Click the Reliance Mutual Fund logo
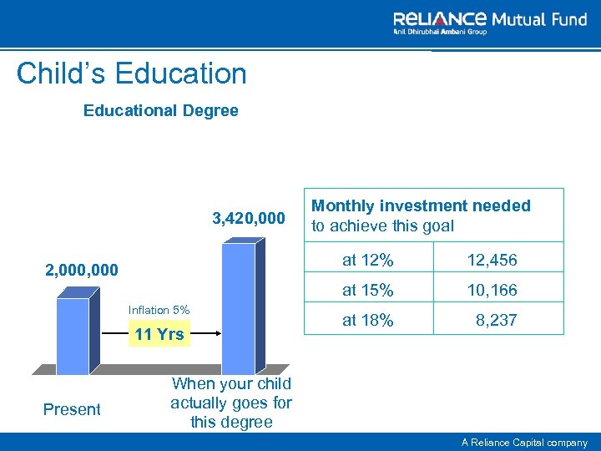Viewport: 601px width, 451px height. click(x=490, y=22)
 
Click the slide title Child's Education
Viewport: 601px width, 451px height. click(x=131, y=73)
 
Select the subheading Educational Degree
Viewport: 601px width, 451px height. click(x=160, y=110)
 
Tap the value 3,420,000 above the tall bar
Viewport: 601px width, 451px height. click(x=249, y=220)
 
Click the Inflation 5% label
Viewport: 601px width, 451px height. click(x=159, y=311)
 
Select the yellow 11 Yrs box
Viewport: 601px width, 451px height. click(x=159, y=335)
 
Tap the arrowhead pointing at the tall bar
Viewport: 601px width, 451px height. click(x=215, y=334)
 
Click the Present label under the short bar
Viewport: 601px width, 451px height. click(x=72, y=409)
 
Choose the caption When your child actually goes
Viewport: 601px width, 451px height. click(x=231, y=403)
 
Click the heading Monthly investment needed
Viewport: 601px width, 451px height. click(x=421, y=215)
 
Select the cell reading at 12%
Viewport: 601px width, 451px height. click(x=368, y=261)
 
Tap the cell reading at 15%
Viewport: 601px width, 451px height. click(x=368, y=291)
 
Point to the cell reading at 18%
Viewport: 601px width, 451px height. click(x=368, y=320)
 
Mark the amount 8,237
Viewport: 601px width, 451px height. click(x=497, y=320)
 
